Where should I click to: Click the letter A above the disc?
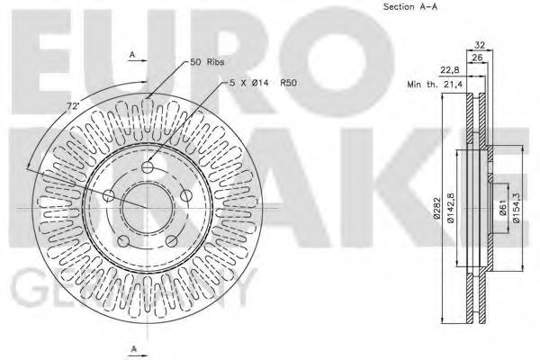pyautogui.click(x=133, y=55)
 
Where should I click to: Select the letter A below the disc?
pyautogui.click(x=133, y=347)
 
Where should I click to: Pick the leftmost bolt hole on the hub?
pyautogui.click(x=110, y=195)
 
